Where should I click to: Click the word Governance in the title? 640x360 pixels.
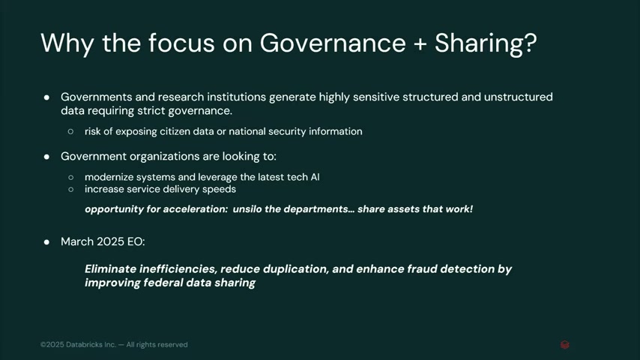pos(333,43)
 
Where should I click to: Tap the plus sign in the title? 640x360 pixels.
pos(420,43)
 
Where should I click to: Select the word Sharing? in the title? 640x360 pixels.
pos(486,43)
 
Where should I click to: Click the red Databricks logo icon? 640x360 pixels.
pos(565,345)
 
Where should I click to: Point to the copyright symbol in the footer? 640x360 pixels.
pos(43,345)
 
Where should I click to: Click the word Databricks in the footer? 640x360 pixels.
pos(85,344)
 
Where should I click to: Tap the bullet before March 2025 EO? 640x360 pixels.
pos(46,242)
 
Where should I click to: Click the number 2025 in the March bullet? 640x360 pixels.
pos(111,241)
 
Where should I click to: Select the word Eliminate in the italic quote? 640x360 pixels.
pos(110,269)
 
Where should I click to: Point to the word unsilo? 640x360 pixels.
pos(247,209)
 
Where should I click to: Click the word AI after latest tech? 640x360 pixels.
pos(315,177)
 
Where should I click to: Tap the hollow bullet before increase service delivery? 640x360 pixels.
pos(71,190)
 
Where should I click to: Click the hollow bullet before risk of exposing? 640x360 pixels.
pos(71,131)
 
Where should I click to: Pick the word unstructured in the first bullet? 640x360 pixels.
pos(519,97)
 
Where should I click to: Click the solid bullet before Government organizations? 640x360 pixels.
pos(46,157)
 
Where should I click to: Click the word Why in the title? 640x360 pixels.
pos(67,43)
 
